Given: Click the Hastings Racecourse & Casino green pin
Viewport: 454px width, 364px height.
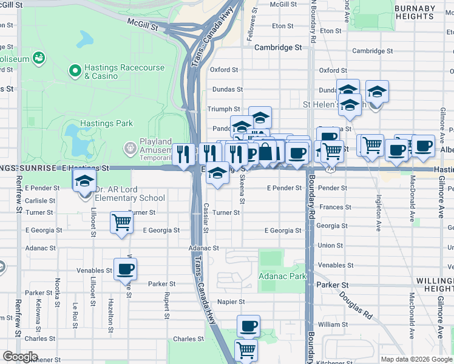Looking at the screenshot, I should [76, 72].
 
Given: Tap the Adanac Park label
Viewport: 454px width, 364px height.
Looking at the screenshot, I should [282, 275].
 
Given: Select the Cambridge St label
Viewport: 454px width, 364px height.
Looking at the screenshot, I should [278, 47].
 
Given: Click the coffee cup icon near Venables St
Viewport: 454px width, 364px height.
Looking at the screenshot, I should [125, 269].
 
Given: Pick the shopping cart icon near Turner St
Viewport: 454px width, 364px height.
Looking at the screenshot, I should [121, 222].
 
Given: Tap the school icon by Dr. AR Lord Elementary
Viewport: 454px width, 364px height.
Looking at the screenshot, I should [84, 180].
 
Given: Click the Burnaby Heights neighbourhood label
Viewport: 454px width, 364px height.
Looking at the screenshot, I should [423, 12].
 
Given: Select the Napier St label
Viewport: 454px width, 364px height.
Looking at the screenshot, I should [232, 302].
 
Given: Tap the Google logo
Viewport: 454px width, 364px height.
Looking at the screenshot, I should [20, 357].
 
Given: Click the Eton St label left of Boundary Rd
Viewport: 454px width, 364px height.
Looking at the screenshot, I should [283, 26].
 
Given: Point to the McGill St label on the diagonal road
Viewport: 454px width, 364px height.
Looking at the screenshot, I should [143, 24].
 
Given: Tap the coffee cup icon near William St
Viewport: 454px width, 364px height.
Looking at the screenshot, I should [248, 326].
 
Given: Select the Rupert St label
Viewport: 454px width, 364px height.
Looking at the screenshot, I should [166, 307].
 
